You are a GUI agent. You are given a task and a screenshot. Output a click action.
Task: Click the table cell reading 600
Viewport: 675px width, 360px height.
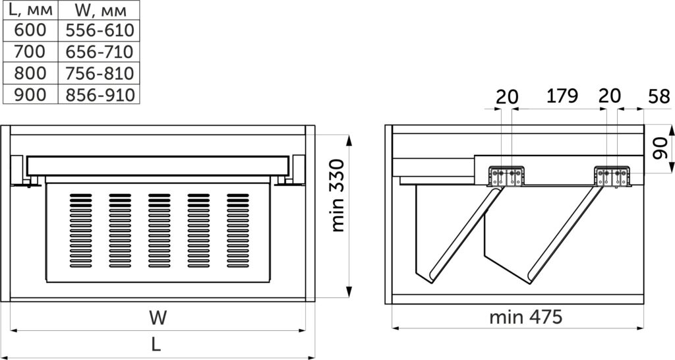click(x=30, y=30)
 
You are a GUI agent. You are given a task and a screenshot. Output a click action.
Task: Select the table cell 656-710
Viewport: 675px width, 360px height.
click(x=100, y=51)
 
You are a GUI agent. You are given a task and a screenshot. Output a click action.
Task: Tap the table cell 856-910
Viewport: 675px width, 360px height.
click(x=100, y=94)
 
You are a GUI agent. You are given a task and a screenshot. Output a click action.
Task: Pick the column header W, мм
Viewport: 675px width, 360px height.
click(x=100, y=10)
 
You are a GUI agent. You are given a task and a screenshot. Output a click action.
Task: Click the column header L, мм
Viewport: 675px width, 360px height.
click(x=30, y=10)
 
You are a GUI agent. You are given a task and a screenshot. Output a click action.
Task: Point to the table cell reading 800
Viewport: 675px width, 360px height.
click(x=30, y=73)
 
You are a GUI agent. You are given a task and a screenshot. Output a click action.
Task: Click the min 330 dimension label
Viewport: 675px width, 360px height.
click(x=338, y=196)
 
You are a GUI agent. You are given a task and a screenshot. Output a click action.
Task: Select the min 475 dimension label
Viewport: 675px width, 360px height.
click(x=525, y=317)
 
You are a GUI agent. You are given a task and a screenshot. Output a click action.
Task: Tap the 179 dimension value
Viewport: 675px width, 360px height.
click(x=562, y=96)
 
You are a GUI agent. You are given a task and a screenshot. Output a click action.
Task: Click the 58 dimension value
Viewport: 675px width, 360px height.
click(x=659, y=96)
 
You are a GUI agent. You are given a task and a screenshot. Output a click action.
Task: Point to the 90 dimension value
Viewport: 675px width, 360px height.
click(x=660, y=148)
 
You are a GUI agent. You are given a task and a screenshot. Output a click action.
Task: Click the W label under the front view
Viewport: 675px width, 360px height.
click(x=158, y=318)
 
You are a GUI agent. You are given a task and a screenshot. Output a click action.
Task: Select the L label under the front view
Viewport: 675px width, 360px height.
click(x=156, y=344)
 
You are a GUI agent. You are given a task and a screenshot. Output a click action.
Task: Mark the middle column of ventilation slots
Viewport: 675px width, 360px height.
click(x=160, y=230)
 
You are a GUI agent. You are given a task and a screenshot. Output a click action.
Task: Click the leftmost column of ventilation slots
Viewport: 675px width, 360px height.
click(x=80, y=230)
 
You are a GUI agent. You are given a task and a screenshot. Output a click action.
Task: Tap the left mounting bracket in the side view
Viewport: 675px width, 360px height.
click(x=506, y=176)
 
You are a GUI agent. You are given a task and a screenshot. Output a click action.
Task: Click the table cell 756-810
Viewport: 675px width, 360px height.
click(x=100, y=73)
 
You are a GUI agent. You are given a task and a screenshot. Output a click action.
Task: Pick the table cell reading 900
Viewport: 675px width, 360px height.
click(x=30, y=94)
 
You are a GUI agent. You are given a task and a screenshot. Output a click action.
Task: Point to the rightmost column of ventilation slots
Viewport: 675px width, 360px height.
click(x=237, y=230)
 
